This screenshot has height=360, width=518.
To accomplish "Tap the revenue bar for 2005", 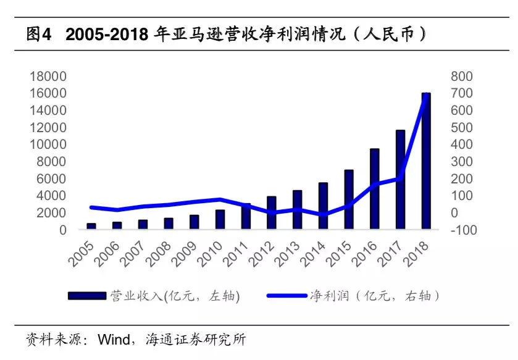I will pos(91,227).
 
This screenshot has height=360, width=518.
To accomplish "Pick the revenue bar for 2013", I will pos(297,210).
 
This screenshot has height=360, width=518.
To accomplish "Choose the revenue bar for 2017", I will pos(400,180).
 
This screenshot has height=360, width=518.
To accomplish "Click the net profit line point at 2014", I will pos(323,215).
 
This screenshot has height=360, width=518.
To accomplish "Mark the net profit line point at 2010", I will pos(220,199).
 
